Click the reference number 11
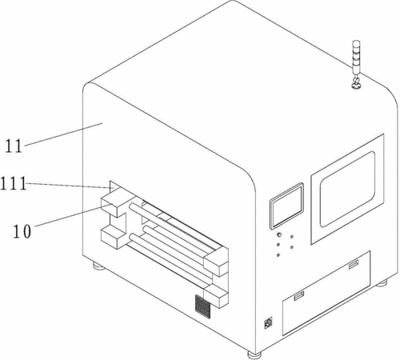click(x=14, y=146)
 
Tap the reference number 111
click(x=14, y=183)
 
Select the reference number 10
click(x=22, y=231)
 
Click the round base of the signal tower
click(x=356, y=86)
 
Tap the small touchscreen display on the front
click(x=286, y=206)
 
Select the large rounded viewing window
click(x=347, y=189)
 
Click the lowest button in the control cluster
click(x=278, y=255)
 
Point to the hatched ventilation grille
click(x=202, y=306)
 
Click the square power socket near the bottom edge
click(x=268, y=323)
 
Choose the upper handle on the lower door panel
click(x=354, y=265)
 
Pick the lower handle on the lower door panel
click(x=298, y=296)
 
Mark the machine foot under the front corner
click(x=254, y=355)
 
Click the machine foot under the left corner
click(x=98, y=266)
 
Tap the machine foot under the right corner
click(x=382, y=283)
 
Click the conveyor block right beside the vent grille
click(x=216, y=296)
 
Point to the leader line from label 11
click(x=63, y=134)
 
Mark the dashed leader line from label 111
click(x=70, y=186)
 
